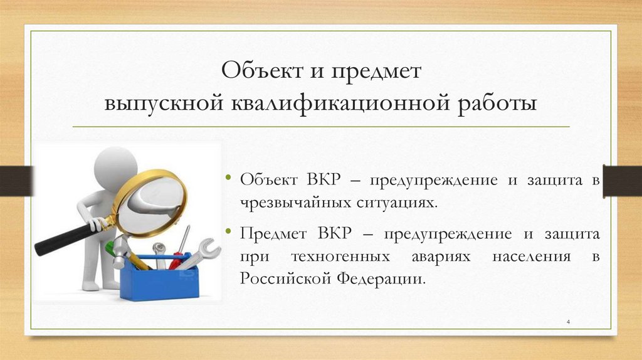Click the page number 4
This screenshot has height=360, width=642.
[x=567, y=322]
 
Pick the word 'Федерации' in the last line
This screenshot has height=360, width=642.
[x=384, y=278]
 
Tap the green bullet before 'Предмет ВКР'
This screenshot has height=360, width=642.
[x=229, y=233]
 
